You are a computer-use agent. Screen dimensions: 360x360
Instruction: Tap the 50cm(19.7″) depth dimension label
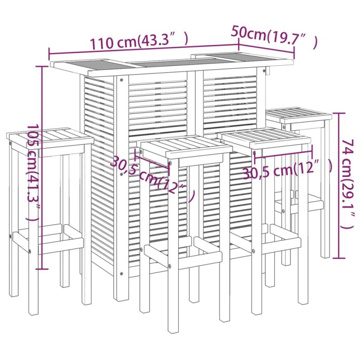pyautogui.click(x=274, y=37)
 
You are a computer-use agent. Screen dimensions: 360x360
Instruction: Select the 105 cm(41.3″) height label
pyautogui.click(x=33, y=172)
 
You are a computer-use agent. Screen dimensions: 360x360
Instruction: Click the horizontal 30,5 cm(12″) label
pyautogui.click(x=288, y=170)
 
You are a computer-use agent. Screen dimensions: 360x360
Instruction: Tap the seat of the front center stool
pyautogui.click(x=186, y=146)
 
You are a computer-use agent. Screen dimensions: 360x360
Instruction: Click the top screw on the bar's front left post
pyautogui.click(x=121, y=80)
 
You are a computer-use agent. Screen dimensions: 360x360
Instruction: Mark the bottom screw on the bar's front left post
pyautogui.click(x=121, y=274)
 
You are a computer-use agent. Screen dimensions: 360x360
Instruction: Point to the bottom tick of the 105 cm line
pyautogui.click(x=42, y=269)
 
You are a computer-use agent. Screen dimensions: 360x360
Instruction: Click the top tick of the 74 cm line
pyautogui.click(x=339, y=113)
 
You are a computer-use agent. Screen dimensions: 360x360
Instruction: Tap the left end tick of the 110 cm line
pyautogui.click(x=49, y=54)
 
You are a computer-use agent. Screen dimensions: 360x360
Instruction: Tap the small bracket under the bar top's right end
pyautogui.click(x=268, y=71)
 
